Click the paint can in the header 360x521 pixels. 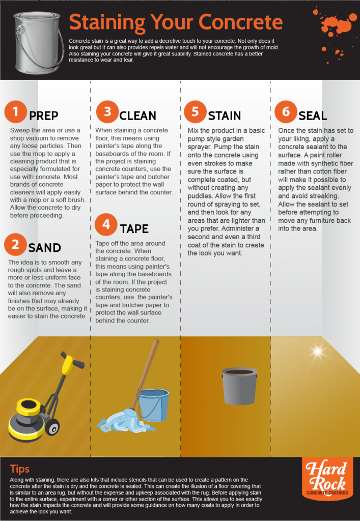[36, 42]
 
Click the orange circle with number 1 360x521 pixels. [16, 111]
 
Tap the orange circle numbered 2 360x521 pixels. [16, 244]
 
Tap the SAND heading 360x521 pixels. [45, 248]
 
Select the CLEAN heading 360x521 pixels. [137, 115]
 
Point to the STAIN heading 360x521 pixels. [225, 115]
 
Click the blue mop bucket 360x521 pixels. [153, 405]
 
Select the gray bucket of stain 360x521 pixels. [239, 386]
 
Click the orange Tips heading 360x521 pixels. [20, 469]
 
